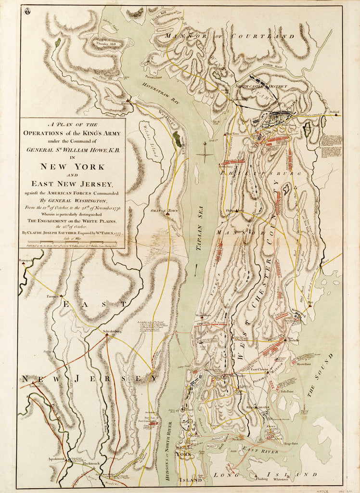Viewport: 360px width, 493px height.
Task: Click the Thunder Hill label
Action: click(x=107, y=42)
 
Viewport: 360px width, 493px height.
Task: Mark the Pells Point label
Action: click(x=287, y=392)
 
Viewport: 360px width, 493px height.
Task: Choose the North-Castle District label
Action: click(x=261, y=86)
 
